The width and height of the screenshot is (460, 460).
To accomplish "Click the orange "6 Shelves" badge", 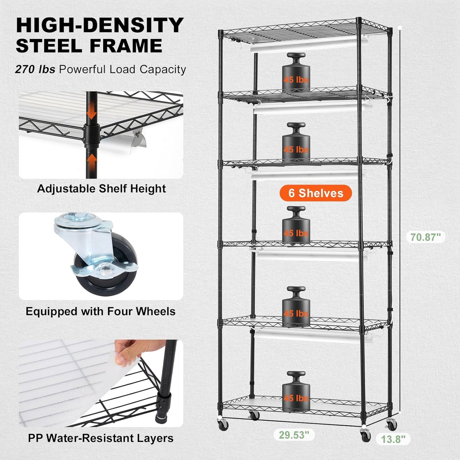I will pos(315,193).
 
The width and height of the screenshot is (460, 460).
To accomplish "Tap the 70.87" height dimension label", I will pos(425,237).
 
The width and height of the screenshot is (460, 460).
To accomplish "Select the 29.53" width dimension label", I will pos(294,435).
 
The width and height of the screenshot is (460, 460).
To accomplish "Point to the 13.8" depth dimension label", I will pos(393,439).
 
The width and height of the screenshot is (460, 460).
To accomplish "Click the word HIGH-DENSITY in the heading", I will pos(100,25).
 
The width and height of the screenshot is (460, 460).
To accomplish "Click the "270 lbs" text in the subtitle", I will pos(35,69).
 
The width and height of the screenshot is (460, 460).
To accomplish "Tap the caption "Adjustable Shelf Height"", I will pos(101,188).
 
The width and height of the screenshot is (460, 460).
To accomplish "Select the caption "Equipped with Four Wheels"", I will pos(101,311).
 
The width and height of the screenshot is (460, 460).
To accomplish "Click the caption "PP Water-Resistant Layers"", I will pos(101,438).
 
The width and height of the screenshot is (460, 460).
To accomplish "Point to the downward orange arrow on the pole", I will pos(92,111).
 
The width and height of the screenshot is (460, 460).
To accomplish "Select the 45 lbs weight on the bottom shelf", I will pos(296,393).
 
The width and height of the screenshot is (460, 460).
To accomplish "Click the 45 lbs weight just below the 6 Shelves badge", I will pos(296,227).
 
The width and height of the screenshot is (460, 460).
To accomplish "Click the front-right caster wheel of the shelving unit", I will pos(366,435).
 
